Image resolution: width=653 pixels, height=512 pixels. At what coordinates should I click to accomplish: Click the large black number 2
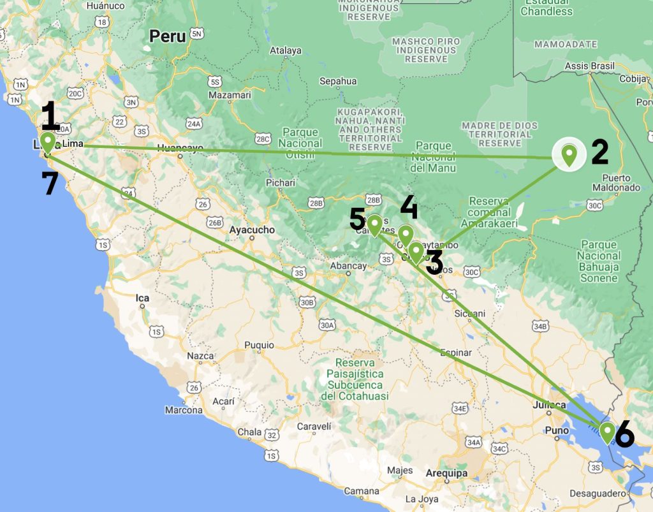599,152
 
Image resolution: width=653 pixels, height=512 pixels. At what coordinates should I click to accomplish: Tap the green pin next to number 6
607,432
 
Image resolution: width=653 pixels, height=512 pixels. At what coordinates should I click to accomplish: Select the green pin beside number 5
374,224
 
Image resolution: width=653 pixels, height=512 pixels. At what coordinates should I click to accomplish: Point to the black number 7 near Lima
50,184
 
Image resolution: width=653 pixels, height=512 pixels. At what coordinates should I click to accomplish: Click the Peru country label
168,36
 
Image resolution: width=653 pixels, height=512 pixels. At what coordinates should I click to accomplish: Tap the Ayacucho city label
252,230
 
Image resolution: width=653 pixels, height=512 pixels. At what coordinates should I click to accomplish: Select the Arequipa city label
447,474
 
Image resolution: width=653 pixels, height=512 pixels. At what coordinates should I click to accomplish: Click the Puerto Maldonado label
615,183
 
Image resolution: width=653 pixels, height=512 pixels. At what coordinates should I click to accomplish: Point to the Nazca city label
200,356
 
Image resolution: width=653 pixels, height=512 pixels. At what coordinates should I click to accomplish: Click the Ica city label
142,298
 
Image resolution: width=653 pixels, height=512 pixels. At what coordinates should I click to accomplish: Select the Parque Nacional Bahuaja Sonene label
599,261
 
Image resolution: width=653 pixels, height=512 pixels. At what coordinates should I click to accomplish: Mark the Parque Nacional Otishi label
300,143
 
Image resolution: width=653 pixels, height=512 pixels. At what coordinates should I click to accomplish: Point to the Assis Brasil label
590,66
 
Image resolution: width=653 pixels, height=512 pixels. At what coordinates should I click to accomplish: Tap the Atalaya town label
286,50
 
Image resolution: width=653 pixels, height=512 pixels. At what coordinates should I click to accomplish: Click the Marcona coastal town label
184,410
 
